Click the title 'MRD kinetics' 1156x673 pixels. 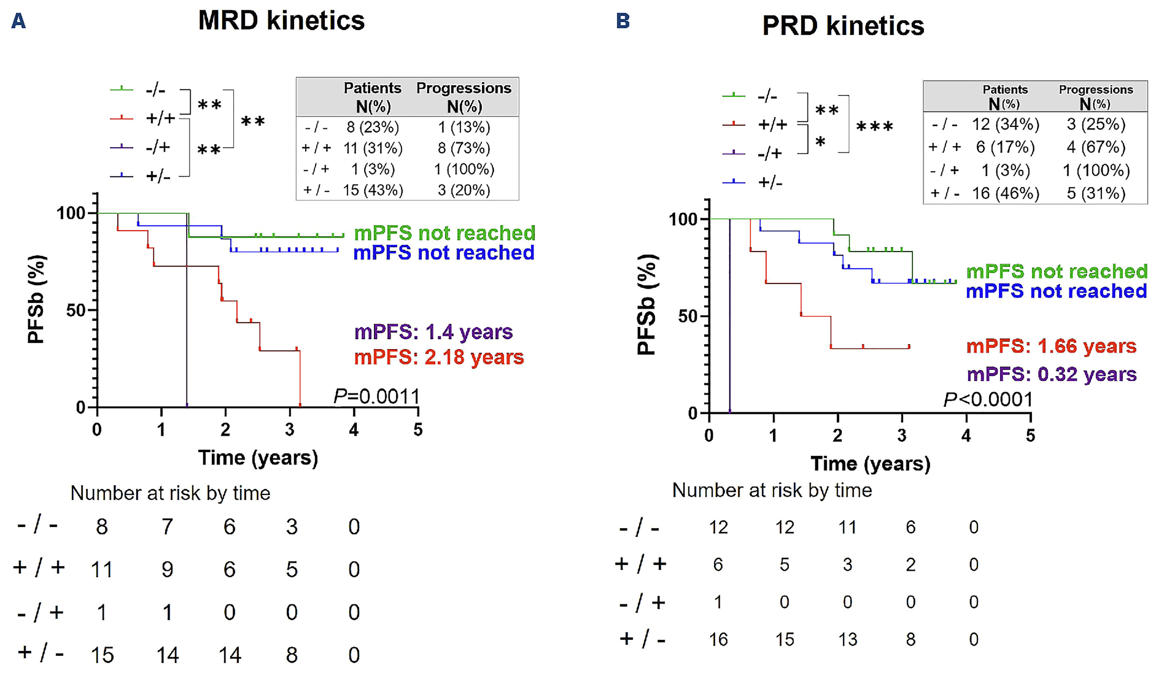click(281, 21)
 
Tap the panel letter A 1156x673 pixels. click(18, 21)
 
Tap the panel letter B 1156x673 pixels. click(623, 21)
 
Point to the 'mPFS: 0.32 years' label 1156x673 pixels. click(1052, 374)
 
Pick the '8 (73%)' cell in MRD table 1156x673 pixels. click(464, 148)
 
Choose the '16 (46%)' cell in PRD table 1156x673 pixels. click(1005, 193)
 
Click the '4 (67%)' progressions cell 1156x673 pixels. click(1096, 147)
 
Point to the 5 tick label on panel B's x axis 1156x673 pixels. click(1030, 435)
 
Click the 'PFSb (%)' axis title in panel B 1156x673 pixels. click(647, 304)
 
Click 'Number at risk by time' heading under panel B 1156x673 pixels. click(772, 491)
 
